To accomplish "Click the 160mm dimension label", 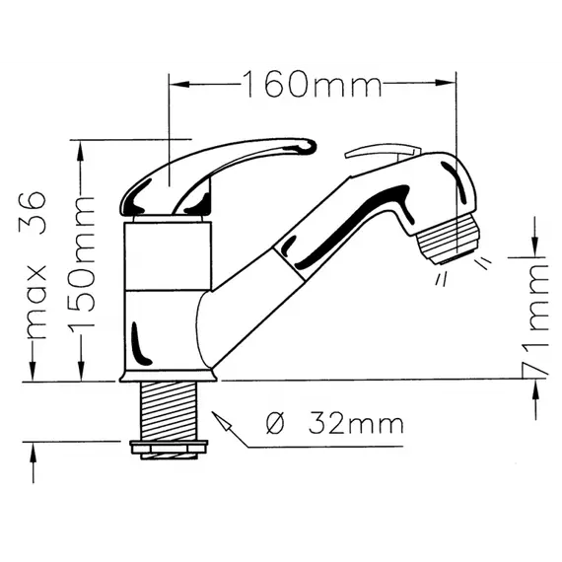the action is pos(312,84).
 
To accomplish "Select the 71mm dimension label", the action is pos(535,319).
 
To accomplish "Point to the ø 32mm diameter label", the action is pos(335,424).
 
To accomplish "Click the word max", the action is pos(36,302).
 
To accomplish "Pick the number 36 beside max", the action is pos(33,213).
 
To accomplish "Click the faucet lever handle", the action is pos(218,176).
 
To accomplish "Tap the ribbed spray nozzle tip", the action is pos(448,239).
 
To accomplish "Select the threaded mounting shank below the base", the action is pos(169,411).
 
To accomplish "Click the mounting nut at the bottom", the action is pos(169,450).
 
